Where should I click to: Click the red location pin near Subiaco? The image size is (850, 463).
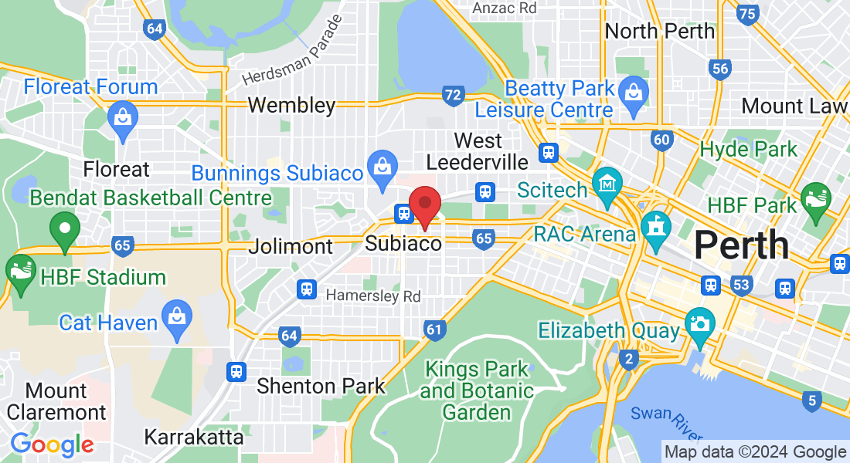tap(424, 203)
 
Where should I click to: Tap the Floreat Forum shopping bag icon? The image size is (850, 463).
tap(123, 118)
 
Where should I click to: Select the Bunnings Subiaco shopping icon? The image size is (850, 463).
tap(382, 165)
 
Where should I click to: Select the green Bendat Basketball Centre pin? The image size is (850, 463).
tap(65, 228)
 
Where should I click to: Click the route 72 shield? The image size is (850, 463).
tap(454, 96)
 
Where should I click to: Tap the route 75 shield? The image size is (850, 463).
tap(747, 13)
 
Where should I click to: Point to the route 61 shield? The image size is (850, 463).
tap(434, 331)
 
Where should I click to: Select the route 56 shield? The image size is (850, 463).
tap(721, 69)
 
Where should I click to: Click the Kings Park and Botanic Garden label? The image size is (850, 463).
tap(477, 390)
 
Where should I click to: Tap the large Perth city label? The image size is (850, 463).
tap(741, 245)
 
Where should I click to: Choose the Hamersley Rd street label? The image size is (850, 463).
tap(373, 296)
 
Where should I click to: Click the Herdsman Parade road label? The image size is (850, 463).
tap(291, 60)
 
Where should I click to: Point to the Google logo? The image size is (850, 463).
tap(52, 444)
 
